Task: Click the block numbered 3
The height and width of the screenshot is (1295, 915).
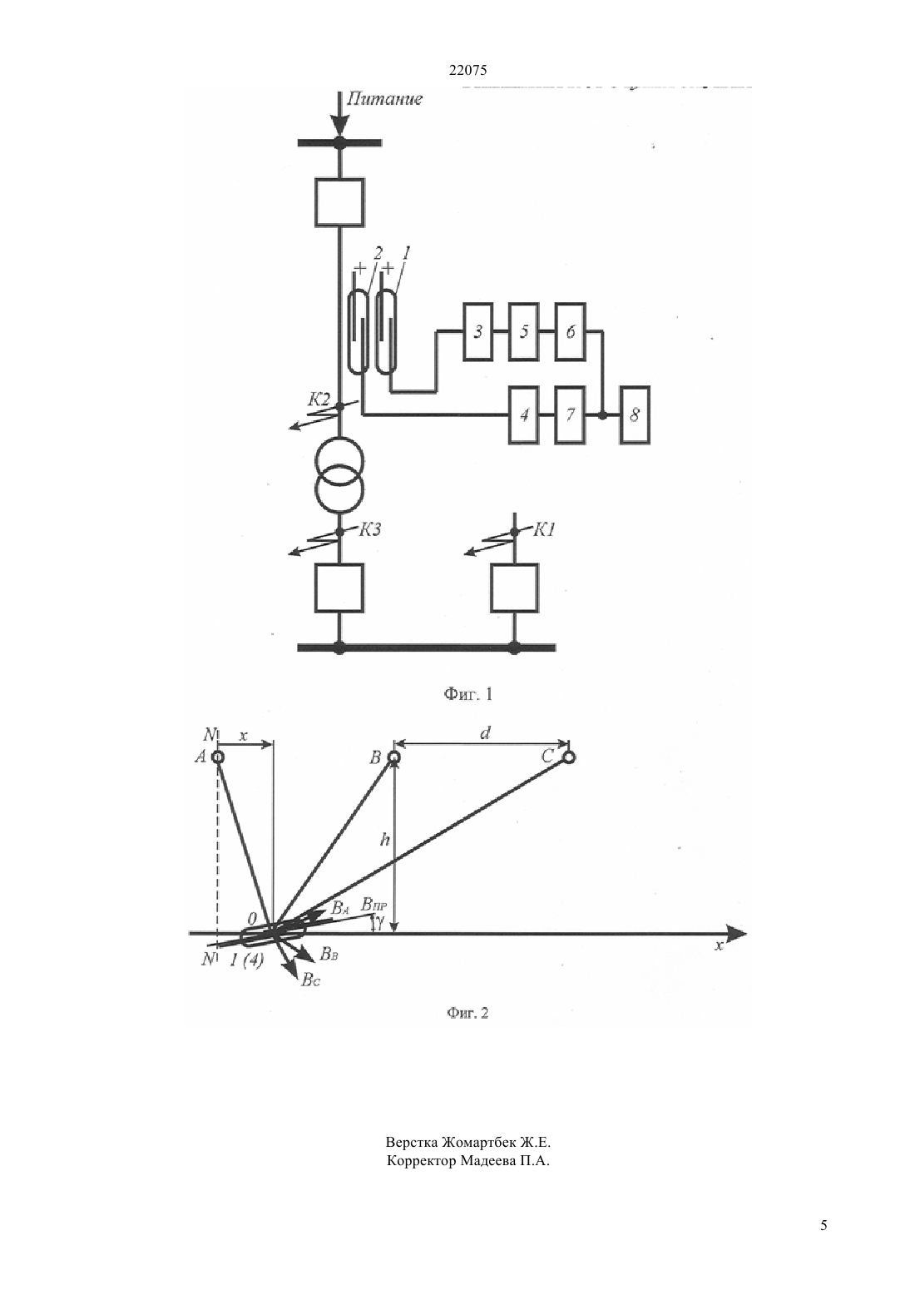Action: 477,332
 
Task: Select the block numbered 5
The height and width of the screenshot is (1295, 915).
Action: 524,332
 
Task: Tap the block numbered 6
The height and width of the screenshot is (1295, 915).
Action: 570,332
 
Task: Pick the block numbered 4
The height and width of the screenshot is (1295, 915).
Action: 524,415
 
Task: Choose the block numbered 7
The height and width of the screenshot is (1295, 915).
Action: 570,415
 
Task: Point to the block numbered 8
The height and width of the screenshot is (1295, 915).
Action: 635,415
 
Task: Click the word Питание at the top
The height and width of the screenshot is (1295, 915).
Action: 384,98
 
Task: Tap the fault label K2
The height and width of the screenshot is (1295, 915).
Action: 319,399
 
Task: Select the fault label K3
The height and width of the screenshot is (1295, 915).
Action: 369,529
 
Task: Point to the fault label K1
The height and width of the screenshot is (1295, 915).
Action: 543,529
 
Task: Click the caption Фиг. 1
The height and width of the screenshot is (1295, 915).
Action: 467,694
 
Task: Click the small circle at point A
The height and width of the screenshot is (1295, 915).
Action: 218,757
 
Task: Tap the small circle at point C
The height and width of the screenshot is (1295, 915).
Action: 569,757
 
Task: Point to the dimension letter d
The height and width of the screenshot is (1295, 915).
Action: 485,733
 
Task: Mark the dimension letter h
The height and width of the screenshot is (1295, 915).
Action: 384,840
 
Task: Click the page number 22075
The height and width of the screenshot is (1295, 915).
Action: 467,71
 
